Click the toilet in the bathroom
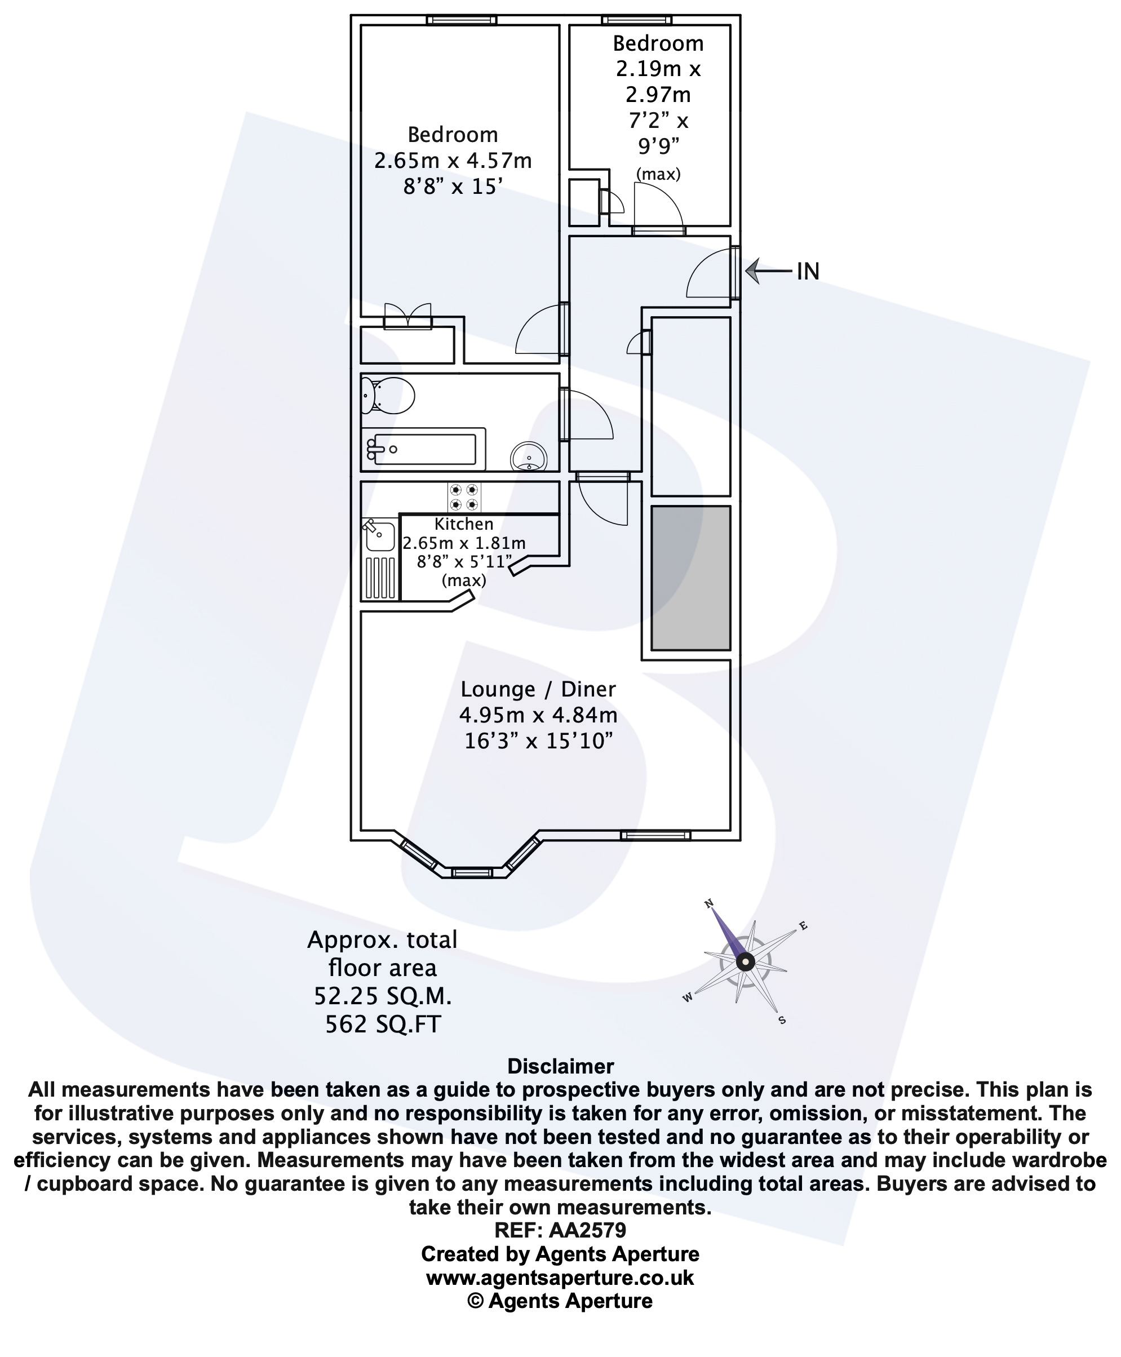[x=389, y=394]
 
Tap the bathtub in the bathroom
[x=424, y=449]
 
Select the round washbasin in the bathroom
[x=528, y=458]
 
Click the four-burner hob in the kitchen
[x=464, y=497]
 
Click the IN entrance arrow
[x=766, y=270]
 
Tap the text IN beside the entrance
[x=808, y=272]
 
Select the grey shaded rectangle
[x=690, y=578]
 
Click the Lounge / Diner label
[x=538, y=689]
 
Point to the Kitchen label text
[x=464, y=524]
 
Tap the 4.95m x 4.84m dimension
[x=538, y=715]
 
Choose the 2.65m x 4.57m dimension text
[x=453, y=160]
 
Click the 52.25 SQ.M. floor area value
[x=382, y=996]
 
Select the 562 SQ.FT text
[x=382, y=1025]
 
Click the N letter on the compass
[x=708, y=904]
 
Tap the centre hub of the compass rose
[x=745, y=962]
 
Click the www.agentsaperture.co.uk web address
[x=560, y=1278]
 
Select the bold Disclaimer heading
[x=560, y=1066]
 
